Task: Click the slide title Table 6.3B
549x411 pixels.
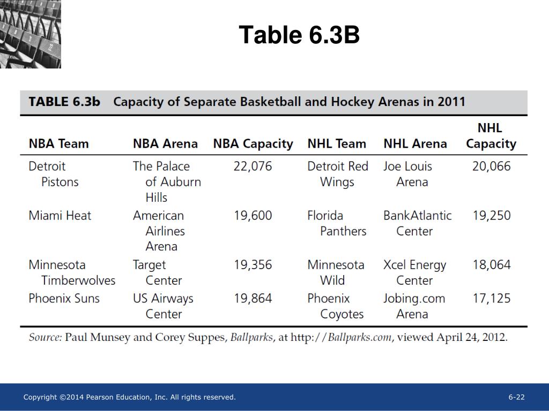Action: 299,35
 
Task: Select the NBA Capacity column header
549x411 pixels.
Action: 253,144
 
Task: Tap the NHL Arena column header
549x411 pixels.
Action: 415,144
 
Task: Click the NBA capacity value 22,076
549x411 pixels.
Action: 253,166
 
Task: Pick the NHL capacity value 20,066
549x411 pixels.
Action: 491,166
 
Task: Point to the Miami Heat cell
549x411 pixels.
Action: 60,216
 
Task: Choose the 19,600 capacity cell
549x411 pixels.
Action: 253,216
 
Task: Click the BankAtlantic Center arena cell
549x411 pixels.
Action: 417,223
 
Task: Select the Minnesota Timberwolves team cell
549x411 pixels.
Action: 72,272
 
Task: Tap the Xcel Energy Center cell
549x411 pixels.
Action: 414,272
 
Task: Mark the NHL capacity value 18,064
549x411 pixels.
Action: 491,265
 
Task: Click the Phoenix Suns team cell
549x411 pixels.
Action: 64,299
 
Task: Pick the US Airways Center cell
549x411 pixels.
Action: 163,306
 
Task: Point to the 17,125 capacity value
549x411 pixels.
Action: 491,299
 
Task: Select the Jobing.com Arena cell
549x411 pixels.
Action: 414,306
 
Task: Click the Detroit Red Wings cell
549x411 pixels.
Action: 338,174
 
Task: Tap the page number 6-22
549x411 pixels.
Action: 517,397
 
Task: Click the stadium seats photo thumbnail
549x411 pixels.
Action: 31,34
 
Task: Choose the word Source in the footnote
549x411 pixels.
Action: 45,338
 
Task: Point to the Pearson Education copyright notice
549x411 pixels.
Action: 130,397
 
